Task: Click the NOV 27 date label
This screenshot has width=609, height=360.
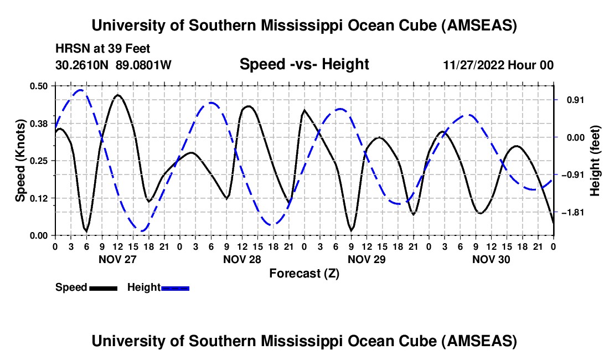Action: pos(117,259)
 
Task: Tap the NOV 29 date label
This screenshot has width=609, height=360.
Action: pos(366,259)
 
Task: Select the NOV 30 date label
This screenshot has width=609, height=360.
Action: pos(491,259)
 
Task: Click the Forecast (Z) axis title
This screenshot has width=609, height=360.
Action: pos(304,273)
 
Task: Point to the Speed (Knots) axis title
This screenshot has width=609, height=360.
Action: pos(20,161)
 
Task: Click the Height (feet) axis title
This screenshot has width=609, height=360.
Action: pos(595,161)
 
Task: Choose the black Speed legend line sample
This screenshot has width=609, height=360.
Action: pos(103,287)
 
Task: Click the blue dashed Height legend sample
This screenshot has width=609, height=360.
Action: pos(175,287)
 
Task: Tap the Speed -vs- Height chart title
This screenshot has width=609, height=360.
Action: pos(304,64)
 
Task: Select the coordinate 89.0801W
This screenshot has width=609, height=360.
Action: pos(144,65)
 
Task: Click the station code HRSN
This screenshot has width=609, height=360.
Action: pos(69,49)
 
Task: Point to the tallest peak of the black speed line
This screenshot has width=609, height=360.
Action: pos(117,95)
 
